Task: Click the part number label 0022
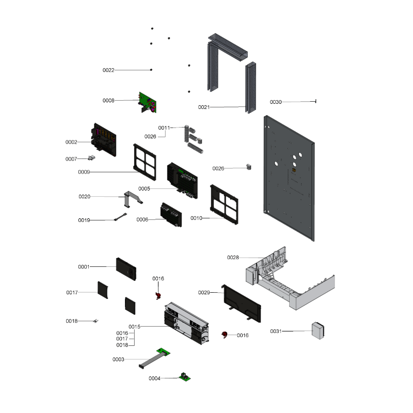[108, 70]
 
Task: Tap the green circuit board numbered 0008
[149, 103]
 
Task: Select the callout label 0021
[204, 107]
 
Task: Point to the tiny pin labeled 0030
[315, 101]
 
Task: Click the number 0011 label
[164, 128]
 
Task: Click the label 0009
[84, 172]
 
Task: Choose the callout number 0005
[144, 188]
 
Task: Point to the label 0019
[84, 220]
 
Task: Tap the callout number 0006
[142, 219]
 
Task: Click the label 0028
[233, 257]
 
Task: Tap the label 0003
[119, 359]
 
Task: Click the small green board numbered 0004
[185, 377]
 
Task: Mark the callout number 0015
[135, 327]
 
